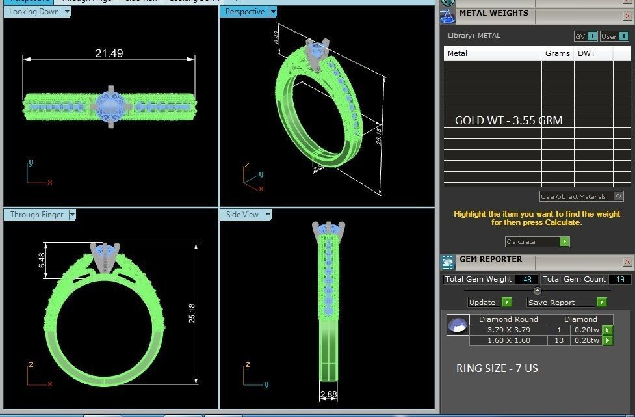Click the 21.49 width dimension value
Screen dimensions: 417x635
point(109,53)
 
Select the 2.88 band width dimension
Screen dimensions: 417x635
point(329,394)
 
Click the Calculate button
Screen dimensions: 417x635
point(537,241)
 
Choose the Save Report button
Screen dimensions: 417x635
point(566,302)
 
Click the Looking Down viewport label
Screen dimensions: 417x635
point(34,12)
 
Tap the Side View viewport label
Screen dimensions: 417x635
point(242,215)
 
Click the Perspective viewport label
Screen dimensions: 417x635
point(244,12)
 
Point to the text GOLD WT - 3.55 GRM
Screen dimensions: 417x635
point(508,120)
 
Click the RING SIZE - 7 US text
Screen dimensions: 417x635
point(497,368)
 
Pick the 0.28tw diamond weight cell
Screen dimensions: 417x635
point(586,340)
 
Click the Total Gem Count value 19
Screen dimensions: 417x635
point(619,279)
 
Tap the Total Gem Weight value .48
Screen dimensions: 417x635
point(525,279)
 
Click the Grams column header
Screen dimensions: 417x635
point(557,53)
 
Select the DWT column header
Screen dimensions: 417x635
point(585,53)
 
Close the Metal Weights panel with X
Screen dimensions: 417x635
point(627,14)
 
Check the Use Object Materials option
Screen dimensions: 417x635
point(618,196)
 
